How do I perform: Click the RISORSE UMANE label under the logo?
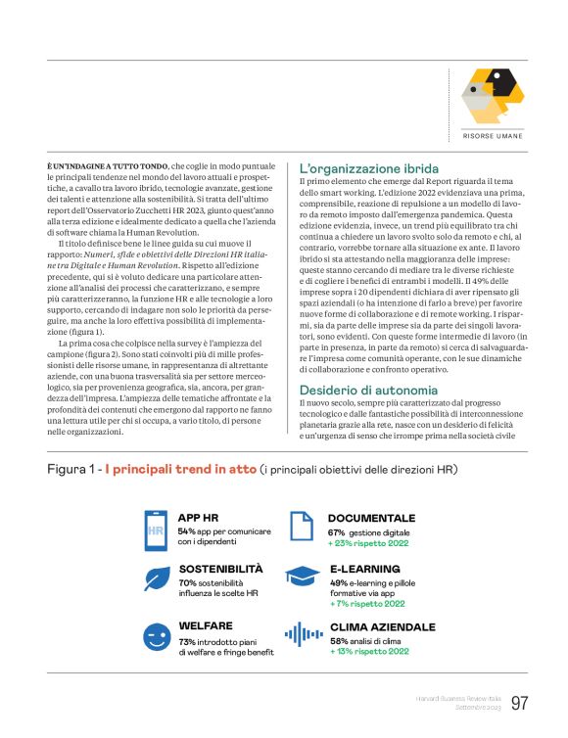(x=493, y=136)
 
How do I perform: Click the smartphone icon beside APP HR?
(x=155, y=530)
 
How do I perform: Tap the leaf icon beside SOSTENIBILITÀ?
(x=155, y=582)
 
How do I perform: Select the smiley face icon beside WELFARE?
(x=155, y=637)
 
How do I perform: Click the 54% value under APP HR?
(x=186, y=530)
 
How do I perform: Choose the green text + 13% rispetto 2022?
(x=369, y=651)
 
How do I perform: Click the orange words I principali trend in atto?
(x=181, y=470)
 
